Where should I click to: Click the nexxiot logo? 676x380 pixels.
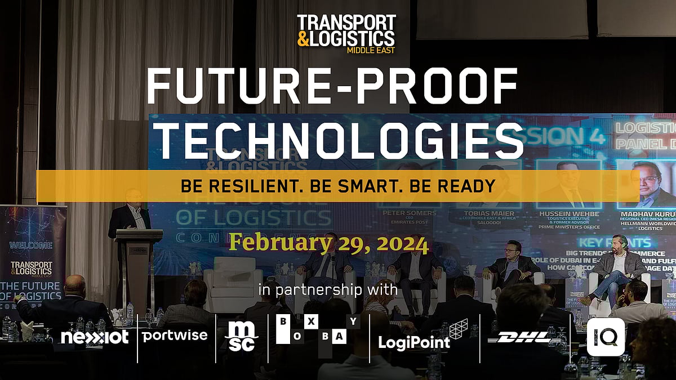pos(95,337)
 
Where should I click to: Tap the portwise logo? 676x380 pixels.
pos(175,336)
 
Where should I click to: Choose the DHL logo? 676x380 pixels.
pos(524,337)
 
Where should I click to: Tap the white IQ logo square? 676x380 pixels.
pos(606,337)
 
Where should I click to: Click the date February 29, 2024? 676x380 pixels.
pos(328,244)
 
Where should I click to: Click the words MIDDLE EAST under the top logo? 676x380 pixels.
pos(370,50)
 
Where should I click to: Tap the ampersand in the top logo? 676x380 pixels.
pos(304,39)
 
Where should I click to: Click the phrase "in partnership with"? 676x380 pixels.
pos(328,290)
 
